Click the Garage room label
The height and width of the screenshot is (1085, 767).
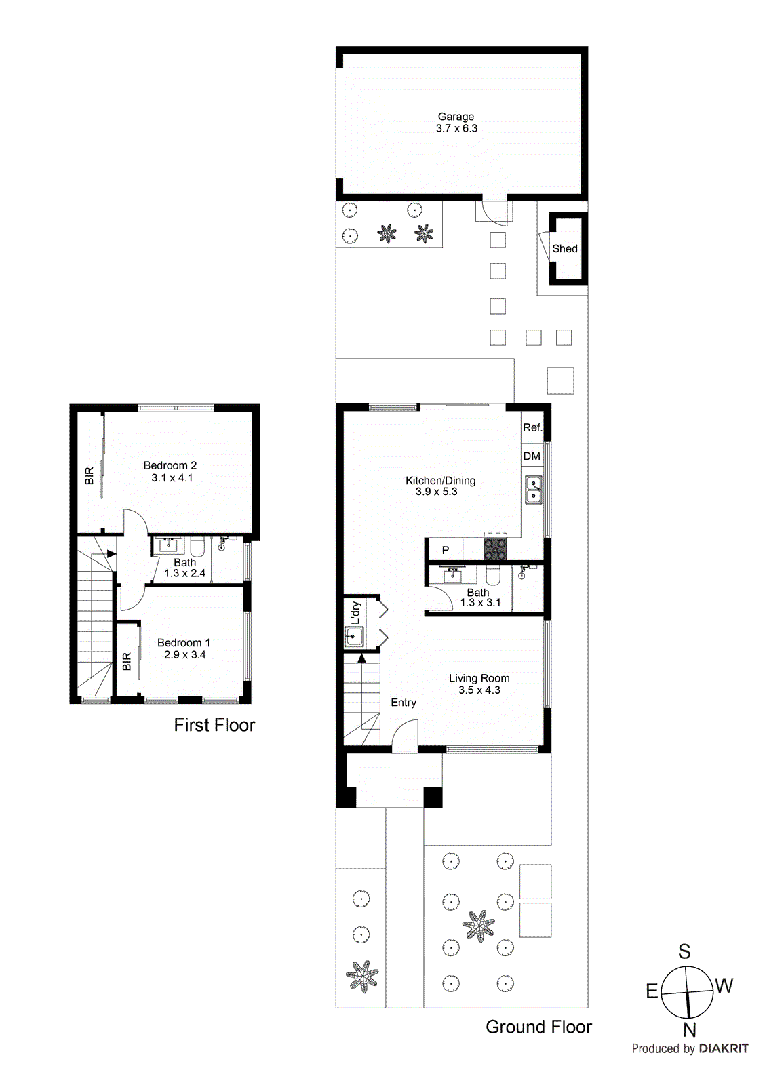tap(456, 117)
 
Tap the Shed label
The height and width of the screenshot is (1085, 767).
tap(565, 249)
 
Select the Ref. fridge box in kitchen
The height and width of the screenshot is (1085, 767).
tap(532, 427)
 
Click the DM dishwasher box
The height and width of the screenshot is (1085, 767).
tap(532, 456)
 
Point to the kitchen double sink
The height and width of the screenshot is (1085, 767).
tap(534, 490)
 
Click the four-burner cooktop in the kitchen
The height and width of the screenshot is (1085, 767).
tap(495, 548)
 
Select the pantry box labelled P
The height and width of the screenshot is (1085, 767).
tap(445, 550)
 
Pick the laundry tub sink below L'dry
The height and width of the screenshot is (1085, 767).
tap(354, 637)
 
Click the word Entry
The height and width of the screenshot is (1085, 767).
tap(404, 703)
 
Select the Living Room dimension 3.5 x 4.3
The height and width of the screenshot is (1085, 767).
tap(479, 690)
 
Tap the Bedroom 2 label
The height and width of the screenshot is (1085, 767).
tap(170, 465)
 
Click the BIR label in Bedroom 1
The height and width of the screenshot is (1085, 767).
tap(127, 661)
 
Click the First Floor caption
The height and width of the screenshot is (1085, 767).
tap(214, 725)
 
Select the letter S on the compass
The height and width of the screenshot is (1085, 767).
tap(684, 952)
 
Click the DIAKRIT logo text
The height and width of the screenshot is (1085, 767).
tap(724, 1048)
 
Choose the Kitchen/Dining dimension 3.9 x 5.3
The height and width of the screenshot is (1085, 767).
tap(437, 492)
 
